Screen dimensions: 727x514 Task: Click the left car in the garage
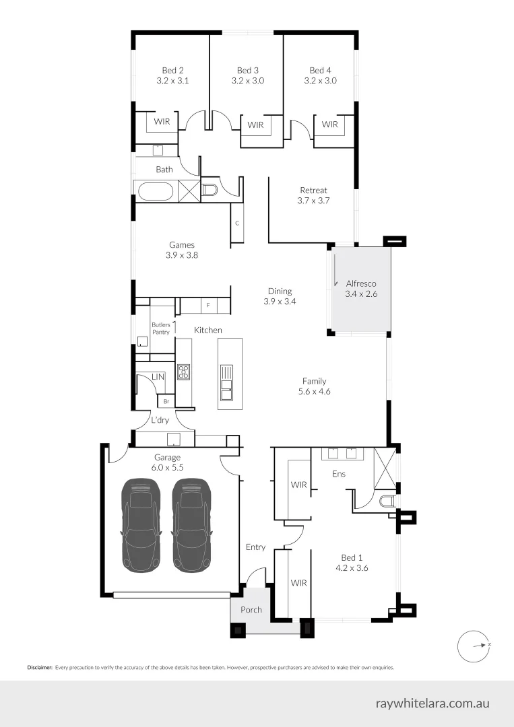(x=141, y=525)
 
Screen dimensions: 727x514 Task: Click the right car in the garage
(x=191, y=525)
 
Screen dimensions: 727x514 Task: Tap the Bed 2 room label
(x=172, y=75)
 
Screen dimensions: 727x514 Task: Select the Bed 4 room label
(x=320, y=75)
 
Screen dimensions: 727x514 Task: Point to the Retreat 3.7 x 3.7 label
(x=313, y=195)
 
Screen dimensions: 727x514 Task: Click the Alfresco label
(x=360, y=289)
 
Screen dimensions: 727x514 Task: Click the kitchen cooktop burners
(x=183, y=372)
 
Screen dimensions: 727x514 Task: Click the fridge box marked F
(x=208, y=306)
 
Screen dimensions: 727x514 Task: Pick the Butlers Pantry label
(x=160, y=328)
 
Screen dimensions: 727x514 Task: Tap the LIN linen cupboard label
(x=158, y=377)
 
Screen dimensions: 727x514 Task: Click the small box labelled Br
(x=166, y=401)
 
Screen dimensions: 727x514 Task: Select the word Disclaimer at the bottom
(x=39, y=668)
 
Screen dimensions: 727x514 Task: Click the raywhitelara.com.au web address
(x=432, y=703)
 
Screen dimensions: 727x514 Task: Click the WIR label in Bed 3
(x=255, y=125)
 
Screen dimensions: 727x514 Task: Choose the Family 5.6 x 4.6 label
(x=315, y=386)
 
